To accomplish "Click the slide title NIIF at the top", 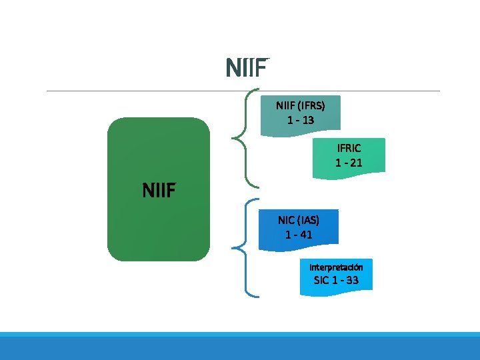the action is click(247, 68).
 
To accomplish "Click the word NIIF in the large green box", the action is click(159, 191).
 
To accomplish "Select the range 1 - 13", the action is click(300, 120).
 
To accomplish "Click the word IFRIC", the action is click(349, 147).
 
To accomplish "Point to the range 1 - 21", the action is click(349, 162).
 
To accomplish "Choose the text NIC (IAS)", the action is click(298, 219).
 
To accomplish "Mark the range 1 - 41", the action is click(298, 234).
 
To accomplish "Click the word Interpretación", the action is click(336, 267).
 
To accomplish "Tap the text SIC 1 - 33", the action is click(336, 280).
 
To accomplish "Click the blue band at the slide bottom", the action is click(240, 347).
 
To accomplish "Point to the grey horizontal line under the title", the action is click(133, 91).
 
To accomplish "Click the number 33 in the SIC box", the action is click(351, 280).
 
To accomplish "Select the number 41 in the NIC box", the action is click(306, 234).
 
